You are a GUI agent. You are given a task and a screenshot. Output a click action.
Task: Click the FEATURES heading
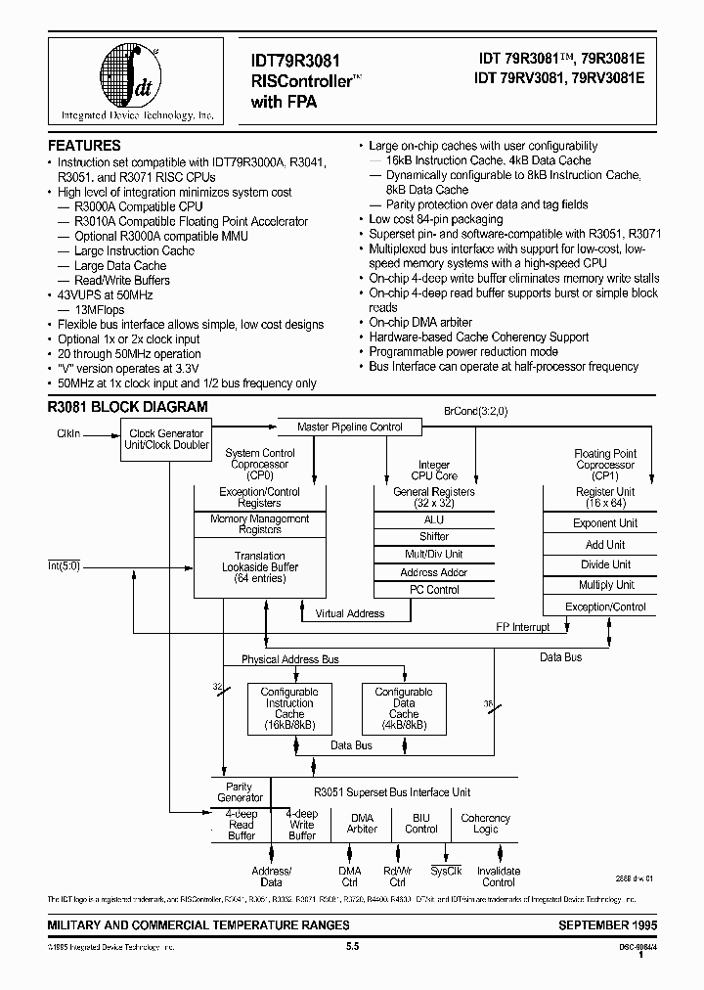pyautogui.click(x=84, y=145)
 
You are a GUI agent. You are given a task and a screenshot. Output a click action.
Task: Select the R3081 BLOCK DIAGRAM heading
pyautogui.click(x=127, y=406)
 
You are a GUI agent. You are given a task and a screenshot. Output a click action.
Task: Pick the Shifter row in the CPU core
pyautogui.click(x=433, y=536)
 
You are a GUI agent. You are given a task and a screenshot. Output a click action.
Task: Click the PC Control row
pyautogui.click(x=433, y=590)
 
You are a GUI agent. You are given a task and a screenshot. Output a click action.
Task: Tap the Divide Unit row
pyautogui.click(x=606, y=564)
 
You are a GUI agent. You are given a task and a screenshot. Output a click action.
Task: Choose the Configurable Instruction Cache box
pyautogui.click(x=289, y=708)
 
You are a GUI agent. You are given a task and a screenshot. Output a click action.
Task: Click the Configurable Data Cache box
pyautogui.click(x=404, y=708)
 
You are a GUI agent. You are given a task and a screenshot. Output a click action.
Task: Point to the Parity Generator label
pyautogui.click(x=240, y=792)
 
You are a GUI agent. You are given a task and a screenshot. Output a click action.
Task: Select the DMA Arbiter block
pyautogui.click(x=362, y=823)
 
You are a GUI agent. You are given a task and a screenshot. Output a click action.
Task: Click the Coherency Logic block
pyautogui.click(x=485, y=823)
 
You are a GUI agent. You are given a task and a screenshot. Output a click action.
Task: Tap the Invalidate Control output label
pyautogui.click(x=498, y=876)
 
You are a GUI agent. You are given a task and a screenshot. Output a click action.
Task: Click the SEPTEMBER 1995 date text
pyautogui.click(x=608, y=924)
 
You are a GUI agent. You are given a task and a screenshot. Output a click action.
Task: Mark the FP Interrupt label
pyautogui.click(x=523, y=627)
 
